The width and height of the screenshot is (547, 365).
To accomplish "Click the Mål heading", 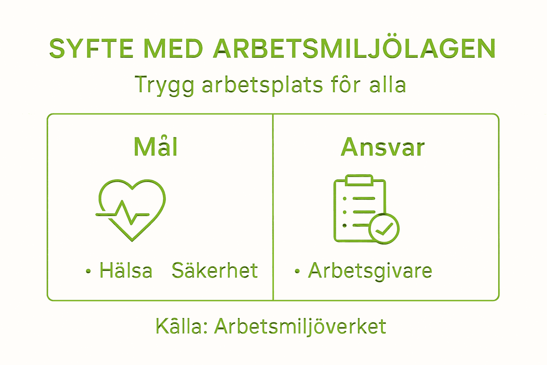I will coord(156,147).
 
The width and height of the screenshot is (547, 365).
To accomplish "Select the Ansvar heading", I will coord(383,147).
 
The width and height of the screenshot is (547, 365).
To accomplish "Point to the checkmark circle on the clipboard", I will coord(384,228).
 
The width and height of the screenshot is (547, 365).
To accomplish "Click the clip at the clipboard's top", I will coord(359,180).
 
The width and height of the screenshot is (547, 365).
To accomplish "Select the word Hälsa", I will coord(126,271).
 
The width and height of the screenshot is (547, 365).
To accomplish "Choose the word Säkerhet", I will coord(215,271).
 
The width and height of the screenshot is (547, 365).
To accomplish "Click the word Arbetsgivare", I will coord(370,271).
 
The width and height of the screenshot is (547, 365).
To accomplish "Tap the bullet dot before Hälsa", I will coord(88,272).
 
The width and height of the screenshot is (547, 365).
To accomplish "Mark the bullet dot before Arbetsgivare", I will coord(297,272).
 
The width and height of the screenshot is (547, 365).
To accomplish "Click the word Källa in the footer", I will coord(181,326).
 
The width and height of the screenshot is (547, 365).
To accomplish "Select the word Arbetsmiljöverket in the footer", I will coord(300,327).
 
